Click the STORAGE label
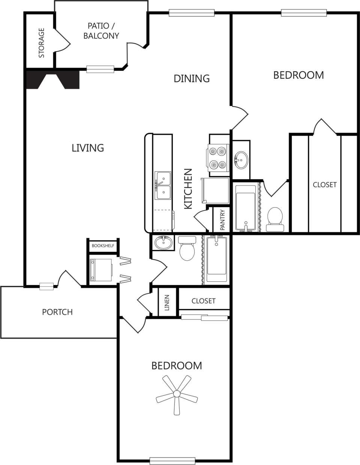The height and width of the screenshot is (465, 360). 41,43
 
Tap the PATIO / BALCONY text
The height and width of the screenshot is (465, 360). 101,31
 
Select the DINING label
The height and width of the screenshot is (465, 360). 191,78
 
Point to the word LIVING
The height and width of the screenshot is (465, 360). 88,148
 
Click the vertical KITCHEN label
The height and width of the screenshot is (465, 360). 188,189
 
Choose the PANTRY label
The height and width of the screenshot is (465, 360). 222,220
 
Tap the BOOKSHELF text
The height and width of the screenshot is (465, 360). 103,246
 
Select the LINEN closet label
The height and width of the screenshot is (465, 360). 167,302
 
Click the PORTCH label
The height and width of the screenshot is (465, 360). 57,312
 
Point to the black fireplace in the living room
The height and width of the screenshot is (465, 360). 52,79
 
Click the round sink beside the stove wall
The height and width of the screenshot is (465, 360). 240,160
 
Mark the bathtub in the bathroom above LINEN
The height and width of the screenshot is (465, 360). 216,259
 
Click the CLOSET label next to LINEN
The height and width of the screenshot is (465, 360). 203,301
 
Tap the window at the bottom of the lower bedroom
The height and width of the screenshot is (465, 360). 172,461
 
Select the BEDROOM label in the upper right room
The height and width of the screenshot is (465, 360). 298,75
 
